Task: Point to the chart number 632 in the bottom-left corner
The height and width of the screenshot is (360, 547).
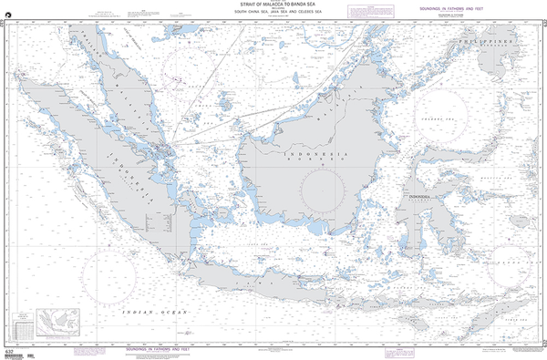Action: [x=8, y=352]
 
